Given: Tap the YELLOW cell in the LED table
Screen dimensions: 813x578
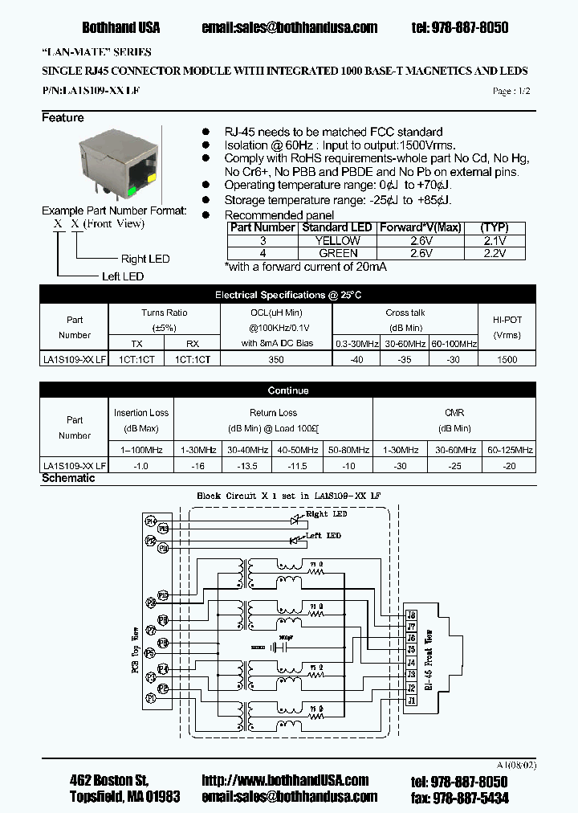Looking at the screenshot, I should coord(337,240).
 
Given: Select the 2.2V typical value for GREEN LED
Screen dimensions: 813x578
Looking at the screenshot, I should coord(495,253).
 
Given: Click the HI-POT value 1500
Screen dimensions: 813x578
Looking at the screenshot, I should coord(507,360).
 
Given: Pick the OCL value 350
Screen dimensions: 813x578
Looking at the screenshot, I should coord(276,360).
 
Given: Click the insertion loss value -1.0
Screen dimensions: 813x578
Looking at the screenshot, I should coord(141,465).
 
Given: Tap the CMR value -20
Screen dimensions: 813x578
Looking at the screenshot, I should coord(510,465).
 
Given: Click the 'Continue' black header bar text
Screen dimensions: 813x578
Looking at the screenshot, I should coord(288,390).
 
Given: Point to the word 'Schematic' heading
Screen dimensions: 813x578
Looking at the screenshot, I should coord(68,478).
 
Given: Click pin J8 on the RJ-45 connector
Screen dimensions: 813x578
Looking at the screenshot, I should coord(412,615).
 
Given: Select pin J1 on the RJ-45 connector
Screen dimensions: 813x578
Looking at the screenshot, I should coord(412,701).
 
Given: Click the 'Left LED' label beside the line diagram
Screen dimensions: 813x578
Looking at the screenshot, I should coord(122,276).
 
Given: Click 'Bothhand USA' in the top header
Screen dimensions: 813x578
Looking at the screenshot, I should coord(121,27).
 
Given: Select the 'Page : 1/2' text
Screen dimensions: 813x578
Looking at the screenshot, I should coord(511,92).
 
